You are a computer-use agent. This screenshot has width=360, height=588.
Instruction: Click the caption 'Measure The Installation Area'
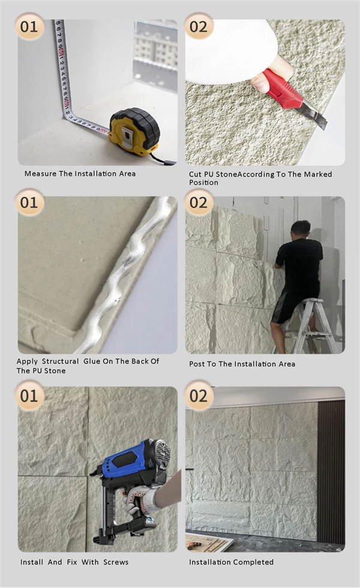tap(80, 173)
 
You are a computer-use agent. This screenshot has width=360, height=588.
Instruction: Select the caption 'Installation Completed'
tap(231, 562)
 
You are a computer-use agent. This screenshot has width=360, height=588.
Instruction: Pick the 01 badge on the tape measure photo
tap(29, 26)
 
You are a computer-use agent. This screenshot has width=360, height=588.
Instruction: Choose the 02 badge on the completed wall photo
tap(199, 396)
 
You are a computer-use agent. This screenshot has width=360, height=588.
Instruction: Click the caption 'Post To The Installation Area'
tap(242, 364)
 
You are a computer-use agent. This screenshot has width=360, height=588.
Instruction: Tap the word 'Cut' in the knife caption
tap(195, 174)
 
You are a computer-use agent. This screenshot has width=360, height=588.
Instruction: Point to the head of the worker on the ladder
tap(301, 229)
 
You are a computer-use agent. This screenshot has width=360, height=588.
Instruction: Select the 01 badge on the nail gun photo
tap(29, 396)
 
